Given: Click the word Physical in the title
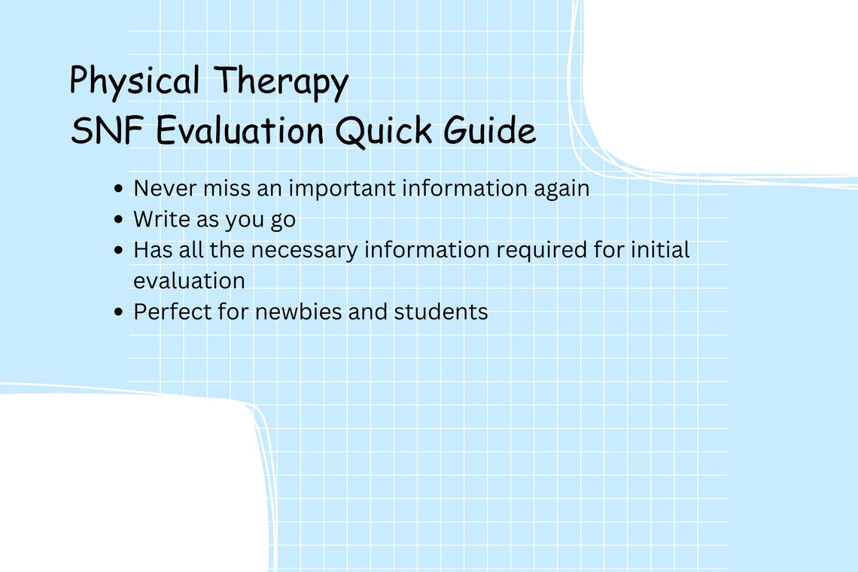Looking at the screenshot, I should tap(135, 81).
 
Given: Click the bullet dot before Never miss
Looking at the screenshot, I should tap(119, 189).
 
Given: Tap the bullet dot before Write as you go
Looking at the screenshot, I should tap(119, 220).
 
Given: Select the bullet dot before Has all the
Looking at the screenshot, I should tap(119, 250).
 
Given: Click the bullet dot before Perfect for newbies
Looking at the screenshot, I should tap(119, 312).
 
